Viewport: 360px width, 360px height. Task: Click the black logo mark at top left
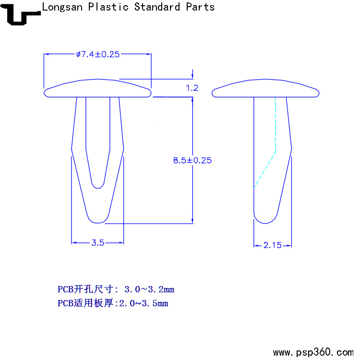20,15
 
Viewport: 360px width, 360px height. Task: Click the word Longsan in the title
62,7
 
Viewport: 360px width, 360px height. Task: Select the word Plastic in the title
108,7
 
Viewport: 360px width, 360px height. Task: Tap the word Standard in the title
157,7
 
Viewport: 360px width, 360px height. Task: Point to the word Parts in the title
200,7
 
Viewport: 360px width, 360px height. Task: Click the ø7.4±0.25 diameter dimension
98,54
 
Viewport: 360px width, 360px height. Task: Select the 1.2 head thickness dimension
192,88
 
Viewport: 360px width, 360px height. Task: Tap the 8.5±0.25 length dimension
192,160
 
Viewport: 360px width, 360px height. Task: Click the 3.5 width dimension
98,243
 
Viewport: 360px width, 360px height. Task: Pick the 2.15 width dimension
272,245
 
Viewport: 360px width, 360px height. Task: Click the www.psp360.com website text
313,352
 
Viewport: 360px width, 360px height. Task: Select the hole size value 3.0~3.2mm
149,289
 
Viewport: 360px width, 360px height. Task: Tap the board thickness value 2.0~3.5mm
144,303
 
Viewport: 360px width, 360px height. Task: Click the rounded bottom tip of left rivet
98,220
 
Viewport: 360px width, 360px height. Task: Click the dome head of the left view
97,88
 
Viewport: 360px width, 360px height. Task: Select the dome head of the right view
265,88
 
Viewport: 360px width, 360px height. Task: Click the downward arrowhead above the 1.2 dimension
192,76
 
